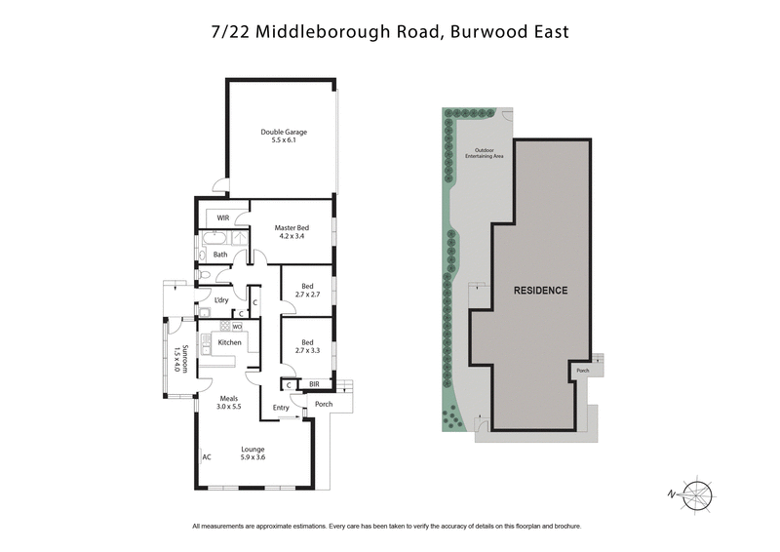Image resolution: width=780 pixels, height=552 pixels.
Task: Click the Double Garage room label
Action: (x=277, y=137)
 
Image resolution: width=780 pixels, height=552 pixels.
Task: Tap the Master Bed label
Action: (x=292, y=231)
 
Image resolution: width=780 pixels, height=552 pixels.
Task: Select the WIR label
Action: (x=223, y=217)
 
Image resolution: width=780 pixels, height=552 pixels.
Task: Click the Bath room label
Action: (x=220, y=255)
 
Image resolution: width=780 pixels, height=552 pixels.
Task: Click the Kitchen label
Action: (x=229, y=342)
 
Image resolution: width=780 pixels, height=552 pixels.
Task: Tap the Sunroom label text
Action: (x=178, y=358)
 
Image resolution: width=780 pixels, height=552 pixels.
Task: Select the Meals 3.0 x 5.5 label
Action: (x=230, y=401)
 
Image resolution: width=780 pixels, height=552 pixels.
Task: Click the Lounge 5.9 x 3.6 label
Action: (x=253, y=453)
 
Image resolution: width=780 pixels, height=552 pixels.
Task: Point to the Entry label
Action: (x=281, y=408)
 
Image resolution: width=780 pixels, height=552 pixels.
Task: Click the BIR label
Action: (x=314, y=385)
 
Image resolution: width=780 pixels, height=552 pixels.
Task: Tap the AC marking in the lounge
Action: (x=206, y=456)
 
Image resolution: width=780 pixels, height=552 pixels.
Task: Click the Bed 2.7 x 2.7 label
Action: (x=307, y=290)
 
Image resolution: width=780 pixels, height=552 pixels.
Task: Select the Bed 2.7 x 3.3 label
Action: (x=307, y=346)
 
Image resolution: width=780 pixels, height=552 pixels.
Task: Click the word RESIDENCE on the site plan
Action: (x=540, y=290)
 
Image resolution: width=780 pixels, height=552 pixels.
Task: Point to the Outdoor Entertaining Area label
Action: (x=484, y=153)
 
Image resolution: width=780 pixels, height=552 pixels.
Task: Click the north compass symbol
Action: (x=698, y=494)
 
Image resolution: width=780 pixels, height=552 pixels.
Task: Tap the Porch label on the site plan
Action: (x=583, y=371)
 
